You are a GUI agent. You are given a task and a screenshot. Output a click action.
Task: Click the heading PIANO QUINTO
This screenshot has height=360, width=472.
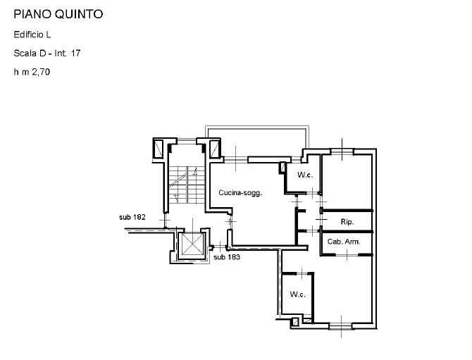[58, 14]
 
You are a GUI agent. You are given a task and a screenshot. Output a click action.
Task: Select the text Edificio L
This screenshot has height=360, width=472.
[32, 35]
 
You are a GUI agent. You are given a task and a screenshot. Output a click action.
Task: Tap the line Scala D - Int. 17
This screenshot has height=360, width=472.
[47, 54]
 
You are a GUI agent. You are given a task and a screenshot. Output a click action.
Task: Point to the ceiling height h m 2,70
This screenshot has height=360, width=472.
[32, 72]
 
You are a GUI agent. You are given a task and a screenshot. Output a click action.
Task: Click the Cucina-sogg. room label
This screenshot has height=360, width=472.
[240, 192]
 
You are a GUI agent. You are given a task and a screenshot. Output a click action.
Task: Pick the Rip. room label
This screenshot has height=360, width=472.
[347, 222]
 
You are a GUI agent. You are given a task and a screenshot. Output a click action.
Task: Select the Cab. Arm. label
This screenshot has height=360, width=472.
[344, 242]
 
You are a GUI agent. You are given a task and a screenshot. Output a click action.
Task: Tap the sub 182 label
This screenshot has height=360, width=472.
[132, 217]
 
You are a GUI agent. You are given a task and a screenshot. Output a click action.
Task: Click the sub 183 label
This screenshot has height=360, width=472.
[227, 257]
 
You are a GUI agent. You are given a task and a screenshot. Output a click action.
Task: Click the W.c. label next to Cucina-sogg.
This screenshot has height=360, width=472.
[305, 175]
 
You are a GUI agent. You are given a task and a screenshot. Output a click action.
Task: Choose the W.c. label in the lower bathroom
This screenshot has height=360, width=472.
[298, 294]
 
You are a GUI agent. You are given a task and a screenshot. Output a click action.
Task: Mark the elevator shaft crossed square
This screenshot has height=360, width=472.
[192, 244]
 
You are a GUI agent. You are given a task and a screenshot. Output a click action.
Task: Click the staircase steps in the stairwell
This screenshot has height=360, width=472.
[187, 185]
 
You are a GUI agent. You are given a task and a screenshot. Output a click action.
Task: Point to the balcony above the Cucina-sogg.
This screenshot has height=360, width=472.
[257, 128]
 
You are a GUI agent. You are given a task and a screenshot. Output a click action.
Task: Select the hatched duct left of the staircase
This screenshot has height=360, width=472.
[159, 149]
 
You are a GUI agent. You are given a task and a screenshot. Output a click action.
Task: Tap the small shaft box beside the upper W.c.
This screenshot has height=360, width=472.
[282, 168]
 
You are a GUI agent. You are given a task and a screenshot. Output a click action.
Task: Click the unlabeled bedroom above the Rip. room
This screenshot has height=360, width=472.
[347, 181]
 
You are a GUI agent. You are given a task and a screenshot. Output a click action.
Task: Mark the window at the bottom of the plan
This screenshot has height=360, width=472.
[341, 326]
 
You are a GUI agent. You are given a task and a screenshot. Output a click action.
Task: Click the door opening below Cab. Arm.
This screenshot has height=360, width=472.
[347, 255]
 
